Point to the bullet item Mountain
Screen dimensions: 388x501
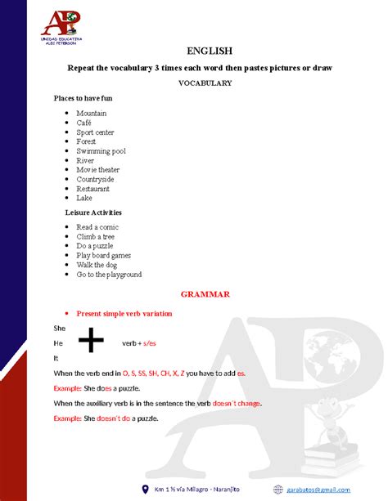92,114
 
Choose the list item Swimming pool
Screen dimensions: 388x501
102,151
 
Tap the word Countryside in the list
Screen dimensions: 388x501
95,179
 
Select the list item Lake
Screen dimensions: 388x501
84,198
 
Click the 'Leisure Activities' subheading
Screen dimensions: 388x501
92,212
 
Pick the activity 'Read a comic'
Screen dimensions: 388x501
97,227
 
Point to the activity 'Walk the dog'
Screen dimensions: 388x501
97,265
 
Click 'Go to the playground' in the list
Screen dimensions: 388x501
109,275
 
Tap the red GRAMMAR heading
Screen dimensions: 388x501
205,293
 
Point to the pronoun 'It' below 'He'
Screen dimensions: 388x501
56,358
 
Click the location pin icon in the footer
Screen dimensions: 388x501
146,489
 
